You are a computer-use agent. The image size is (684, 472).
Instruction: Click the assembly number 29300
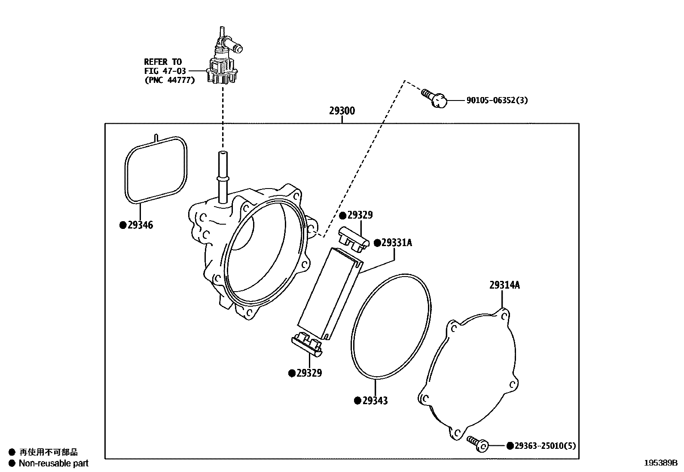point(342,111)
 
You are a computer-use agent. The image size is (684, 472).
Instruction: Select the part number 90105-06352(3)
point(497,100)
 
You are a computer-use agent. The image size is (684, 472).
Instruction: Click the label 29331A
point(396,243)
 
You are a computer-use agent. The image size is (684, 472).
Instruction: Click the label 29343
point(374,401)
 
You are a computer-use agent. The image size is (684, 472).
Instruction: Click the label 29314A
point(504,285)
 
